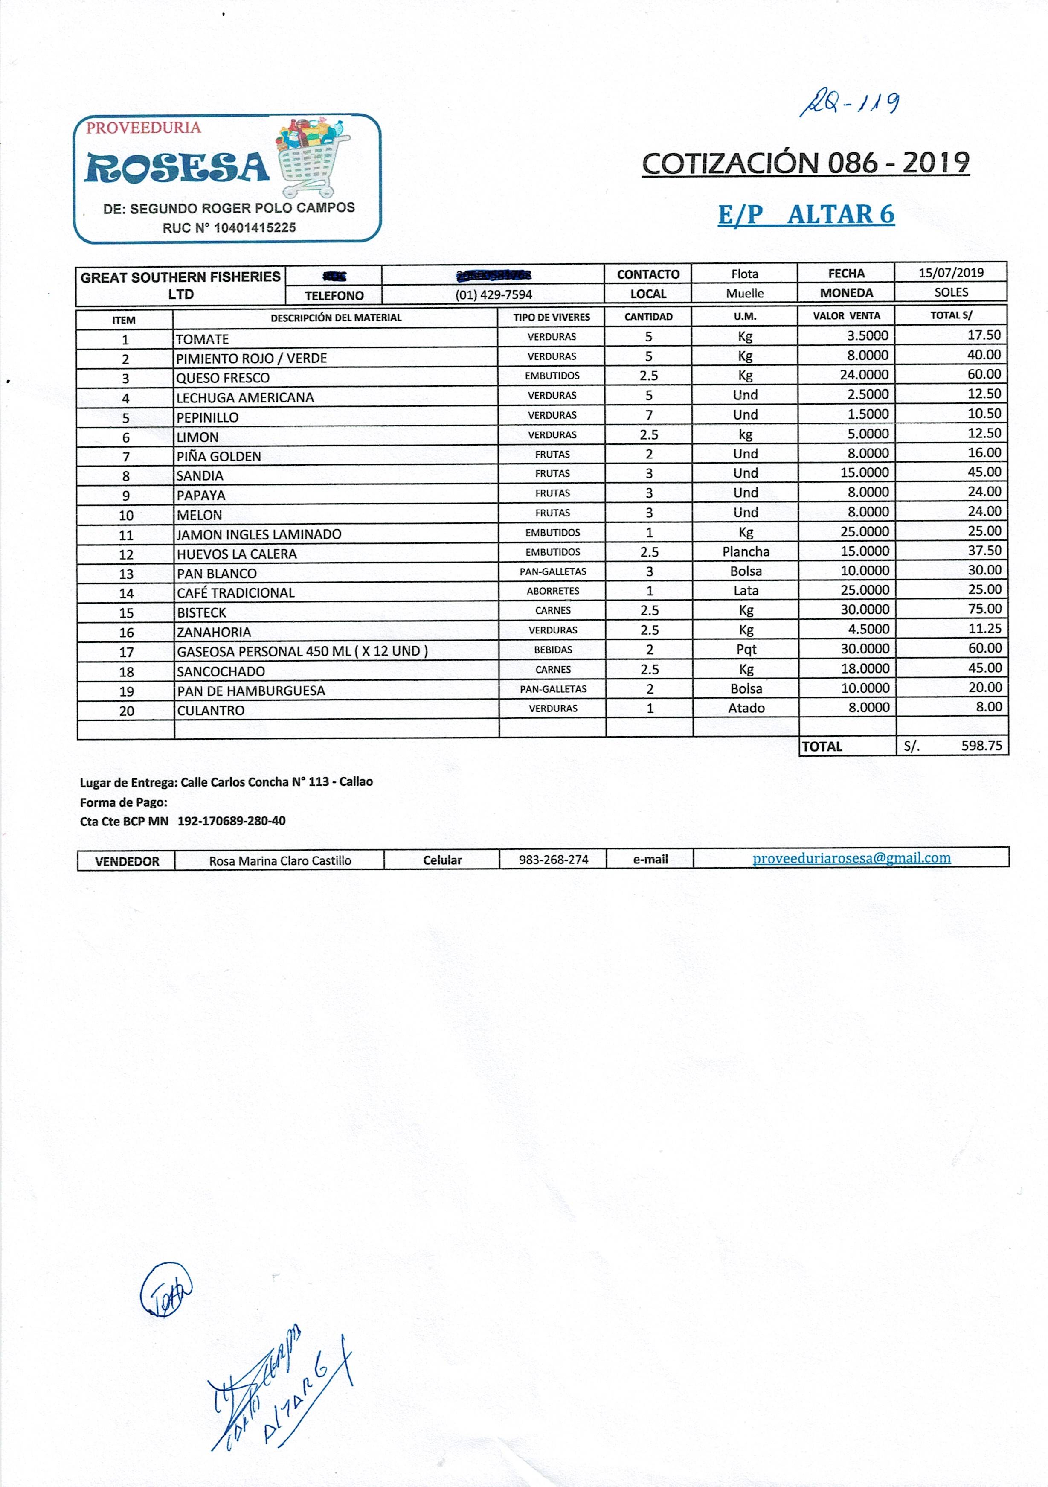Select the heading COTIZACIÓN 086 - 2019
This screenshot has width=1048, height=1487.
point(805,163)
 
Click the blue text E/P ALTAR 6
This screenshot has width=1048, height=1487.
point(806,214)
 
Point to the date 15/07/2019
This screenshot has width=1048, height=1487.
point(950,273)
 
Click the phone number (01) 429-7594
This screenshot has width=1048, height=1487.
point(493,294)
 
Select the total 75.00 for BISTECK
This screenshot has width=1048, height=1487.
point(984,609)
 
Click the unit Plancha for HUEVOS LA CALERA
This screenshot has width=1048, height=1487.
point(746,552)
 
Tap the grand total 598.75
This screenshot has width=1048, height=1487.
point(981,746)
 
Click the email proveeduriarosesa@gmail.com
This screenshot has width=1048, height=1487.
point(851,858)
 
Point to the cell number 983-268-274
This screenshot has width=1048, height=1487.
point(554,860)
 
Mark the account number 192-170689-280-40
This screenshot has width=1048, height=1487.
point(231,821)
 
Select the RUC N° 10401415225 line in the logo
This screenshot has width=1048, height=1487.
point(229,228)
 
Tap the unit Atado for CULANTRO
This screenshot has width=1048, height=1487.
point(746,709)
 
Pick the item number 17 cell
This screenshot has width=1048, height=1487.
point(126,652)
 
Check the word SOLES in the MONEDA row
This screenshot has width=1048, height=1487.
point(950,292)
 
